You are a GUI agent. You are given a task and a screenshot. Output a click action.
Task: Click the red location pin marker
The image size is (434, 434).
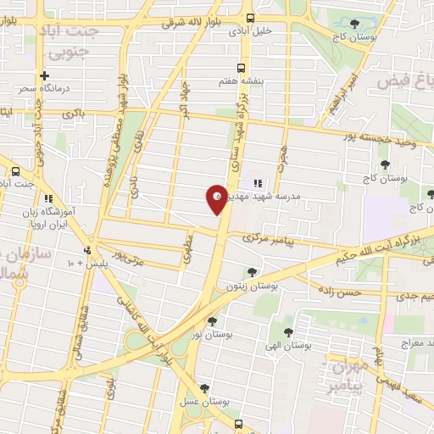click(x=217, y=199)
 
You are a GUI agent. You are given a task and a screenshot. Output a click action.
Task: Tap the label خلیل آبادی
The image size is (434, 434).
click(x=251, y=31)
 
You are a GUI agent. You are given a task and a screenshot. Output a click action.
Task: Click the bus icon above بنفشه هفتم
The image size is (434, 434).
click(x=242, y=69)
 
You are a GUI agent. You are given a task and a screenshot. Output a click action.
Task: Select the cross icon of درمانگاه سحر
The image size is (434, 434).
click(x=44, y=75)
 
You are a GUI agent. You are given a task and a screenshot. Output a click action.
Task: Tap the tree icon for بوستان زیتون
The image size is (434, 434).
click(x=252, y=272)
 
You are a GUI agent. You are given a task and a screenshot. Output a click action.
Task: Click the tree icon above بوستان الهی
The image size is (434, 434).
click(x=288, y=332)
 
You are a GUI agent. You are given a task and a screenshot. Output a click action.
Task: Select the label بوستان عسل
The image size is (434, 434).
click(x=206, y=399)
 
